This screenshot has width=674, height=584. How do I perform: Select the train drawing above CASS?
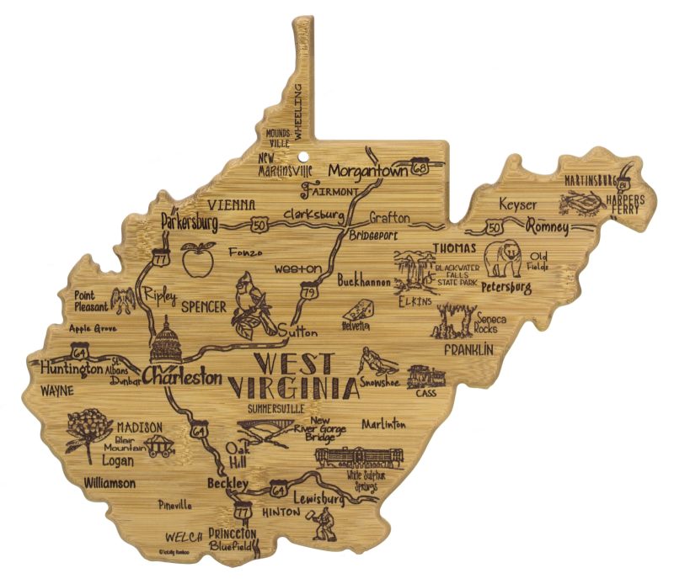click(426, 377)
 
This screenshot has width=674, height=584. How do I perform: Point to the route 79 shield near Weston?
click(312, 291)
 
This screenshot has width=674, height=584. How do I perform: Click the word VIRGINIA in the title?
click(291, 388)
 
